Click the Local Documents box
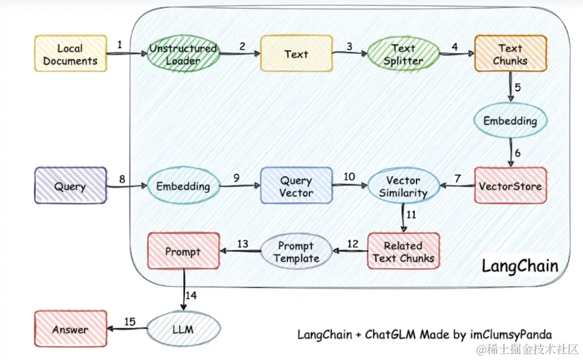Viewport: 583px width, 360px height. (x=70, y=54)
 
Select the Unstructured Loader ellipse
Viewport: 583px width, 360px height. (x=183, y=54)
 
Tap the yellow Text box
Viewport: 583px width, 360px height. (x=296, y=54)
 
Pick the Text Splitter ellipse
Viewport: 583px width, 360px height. (x=403, y=54)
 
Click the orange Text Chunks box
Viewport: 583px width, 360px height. (x=510, y=54)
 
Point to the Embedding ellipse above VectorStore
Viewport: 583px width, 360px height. (x=510, y=121)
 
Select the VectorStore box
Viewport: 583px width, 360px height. (x=510, y=186)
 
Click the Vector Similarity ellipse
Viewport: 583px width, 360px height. (x=403, y=186)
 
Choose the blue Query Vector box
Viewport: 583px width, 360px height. (x=296, y=186)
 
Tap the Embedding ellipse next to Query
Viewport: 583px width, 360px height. (x=183, y=186)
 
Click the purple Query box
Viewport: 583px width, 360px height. (x=70, y=186)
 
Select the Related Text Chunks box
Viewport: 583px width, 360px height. (x=403, y=251)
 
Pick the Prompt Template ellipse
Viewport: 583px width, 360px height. (x=296, y=251)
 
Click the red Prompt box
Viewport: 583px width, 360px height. (x=183, y=251)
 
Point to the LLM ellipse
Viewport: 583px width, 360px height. (x=183, y=330)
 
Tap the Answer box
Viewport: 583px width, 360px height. (x=70, y=330)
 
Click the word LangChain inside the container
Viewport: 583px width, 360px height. (x=520, y=265)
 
